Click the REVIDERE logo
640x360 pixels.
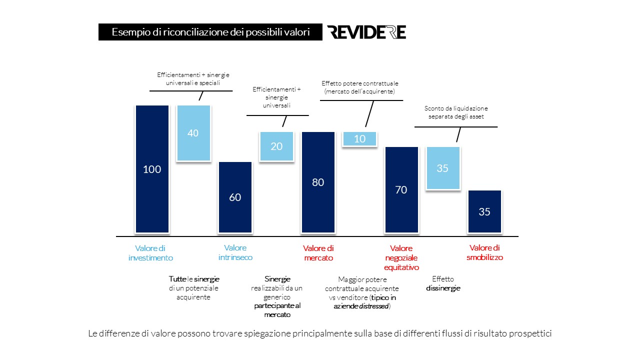(366, 32)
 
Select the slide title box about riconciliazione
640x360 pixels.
(210, 32)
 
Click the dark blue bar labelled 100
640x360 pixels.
(152, 169)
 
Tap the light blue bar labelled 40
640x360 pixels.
(193, 133)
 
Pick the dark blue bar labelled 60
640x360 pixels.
(235, 197)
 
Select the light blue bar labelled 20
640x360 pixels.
(276, 146)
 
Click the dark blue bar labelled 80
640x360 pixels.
(318, 182)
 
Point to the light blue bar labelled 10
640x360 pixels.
(359, 139)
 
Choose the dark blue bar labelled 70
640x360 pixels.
(401, 189)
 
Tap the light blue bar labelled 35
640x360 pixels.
(442, 168)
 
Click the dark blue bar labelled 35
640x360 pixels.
(484, 211)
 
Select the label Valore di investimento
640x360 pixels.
(150, 253)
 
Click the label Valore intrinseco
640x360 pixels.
(235, 252)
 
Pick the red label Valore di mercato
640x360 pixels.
(318, 253)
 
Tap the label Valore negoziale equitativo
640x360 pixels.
(401, 257)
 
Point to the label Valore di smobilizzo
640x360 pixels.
(484, 252)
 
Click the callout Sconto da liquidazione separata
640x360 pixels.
(455, 112)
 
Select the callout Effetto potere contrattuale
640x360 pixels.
(360, 87)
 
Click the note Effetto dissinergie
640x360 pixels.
(443, 283)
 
